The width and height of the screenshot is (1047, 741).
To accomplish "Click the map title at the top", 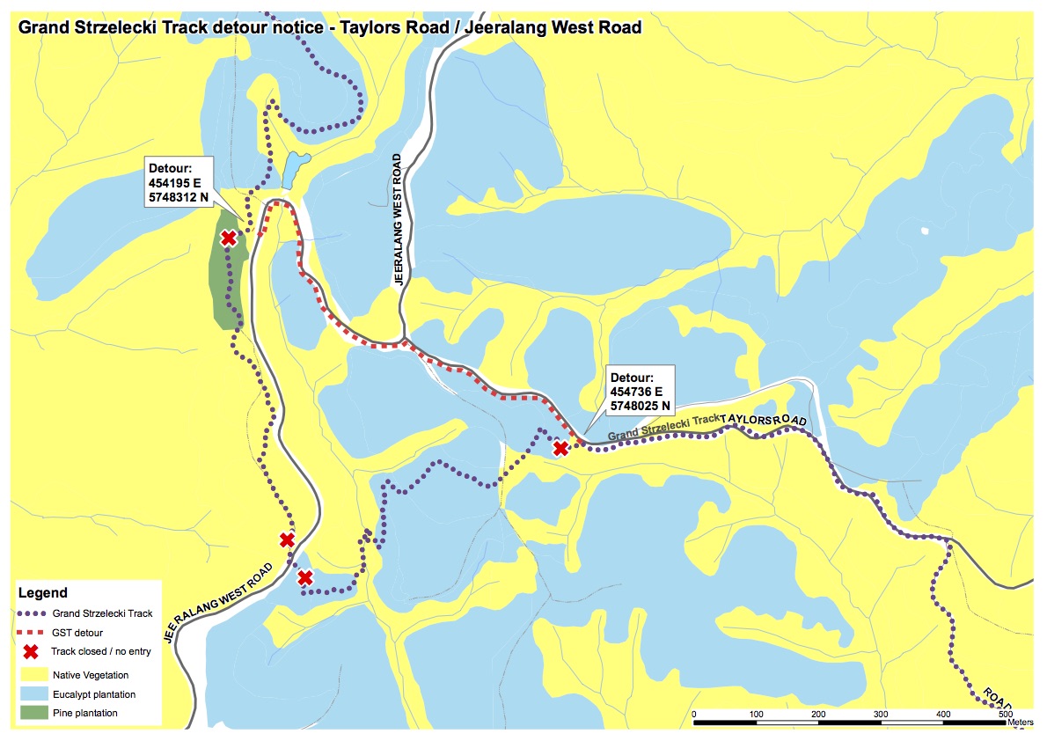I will (329, 26).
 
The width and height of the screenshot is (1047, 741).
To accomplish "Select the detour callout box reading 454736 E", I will (641, 392).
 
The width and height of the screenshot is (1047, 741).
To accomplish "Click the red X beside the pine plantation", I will (229, 238).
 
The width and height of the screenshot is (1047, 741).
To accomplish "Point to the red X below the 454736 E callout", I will (560, 449).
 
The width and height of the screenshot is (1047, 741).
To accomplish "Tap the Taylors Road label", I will (763, 420).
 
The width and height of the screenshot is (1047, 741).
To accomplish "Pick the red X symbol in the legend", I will (30, 652).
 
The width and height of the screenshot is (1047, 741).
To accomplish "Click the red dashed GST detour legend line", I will (30, 633).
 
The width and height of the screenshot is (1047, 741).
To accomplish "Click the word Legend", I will (42, 593).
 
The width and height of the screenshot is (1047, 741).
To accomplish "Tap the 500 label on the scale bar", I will (1006, 713).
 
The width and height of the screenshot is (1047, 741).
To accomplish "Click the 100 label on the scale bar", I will (756, 713).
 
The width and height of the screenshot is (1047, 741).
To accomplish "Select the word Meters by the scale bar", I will (1021, 723).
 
